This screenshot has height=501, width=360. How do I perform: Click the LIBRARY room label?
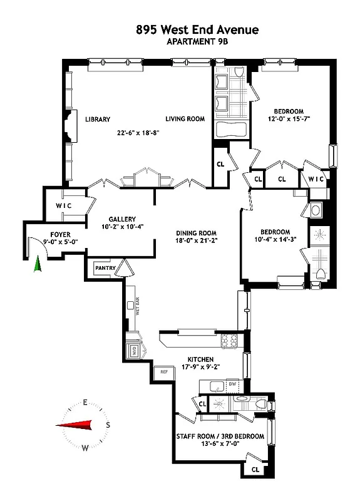point(98,119)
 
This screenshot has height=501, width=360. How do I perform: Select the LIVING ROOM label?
point(185,119)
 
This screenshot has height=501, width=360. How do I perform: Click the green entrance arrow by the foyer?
point(38,266)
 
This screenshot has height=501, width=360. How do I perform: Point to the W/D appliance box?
point(133,351)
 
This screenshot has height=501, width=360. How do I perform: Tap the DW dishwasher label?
point(231,384)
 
